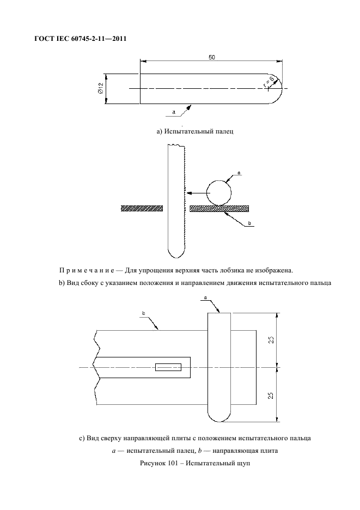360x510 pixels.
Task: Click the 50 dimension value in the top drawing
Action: [x=211, y=57]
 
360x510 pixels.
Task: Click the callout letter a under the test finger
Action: [x=173, y=112]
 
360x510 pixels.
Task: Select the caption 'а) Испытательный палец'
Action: [x=194, y=131]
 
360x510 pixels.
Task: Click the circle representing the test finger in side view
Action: [x=218, y=192]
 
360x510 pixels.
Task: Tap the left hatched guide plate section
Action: [x=142, y=208]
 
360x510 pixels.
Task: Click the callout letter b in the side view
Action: [x=249, y=223]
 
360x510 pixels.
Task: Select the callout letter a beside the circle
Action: [x=239, y=172]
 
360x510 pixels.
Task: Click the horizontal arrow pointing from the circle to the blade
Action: [x=196, y=192]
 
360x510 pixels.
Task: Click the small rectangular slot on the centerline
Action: [x=168, y=367]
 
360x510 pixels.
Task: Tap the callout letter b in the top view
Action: [x=143, y=313]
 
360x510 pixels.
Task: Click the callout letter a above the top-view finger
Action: [x=205, y=297]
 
